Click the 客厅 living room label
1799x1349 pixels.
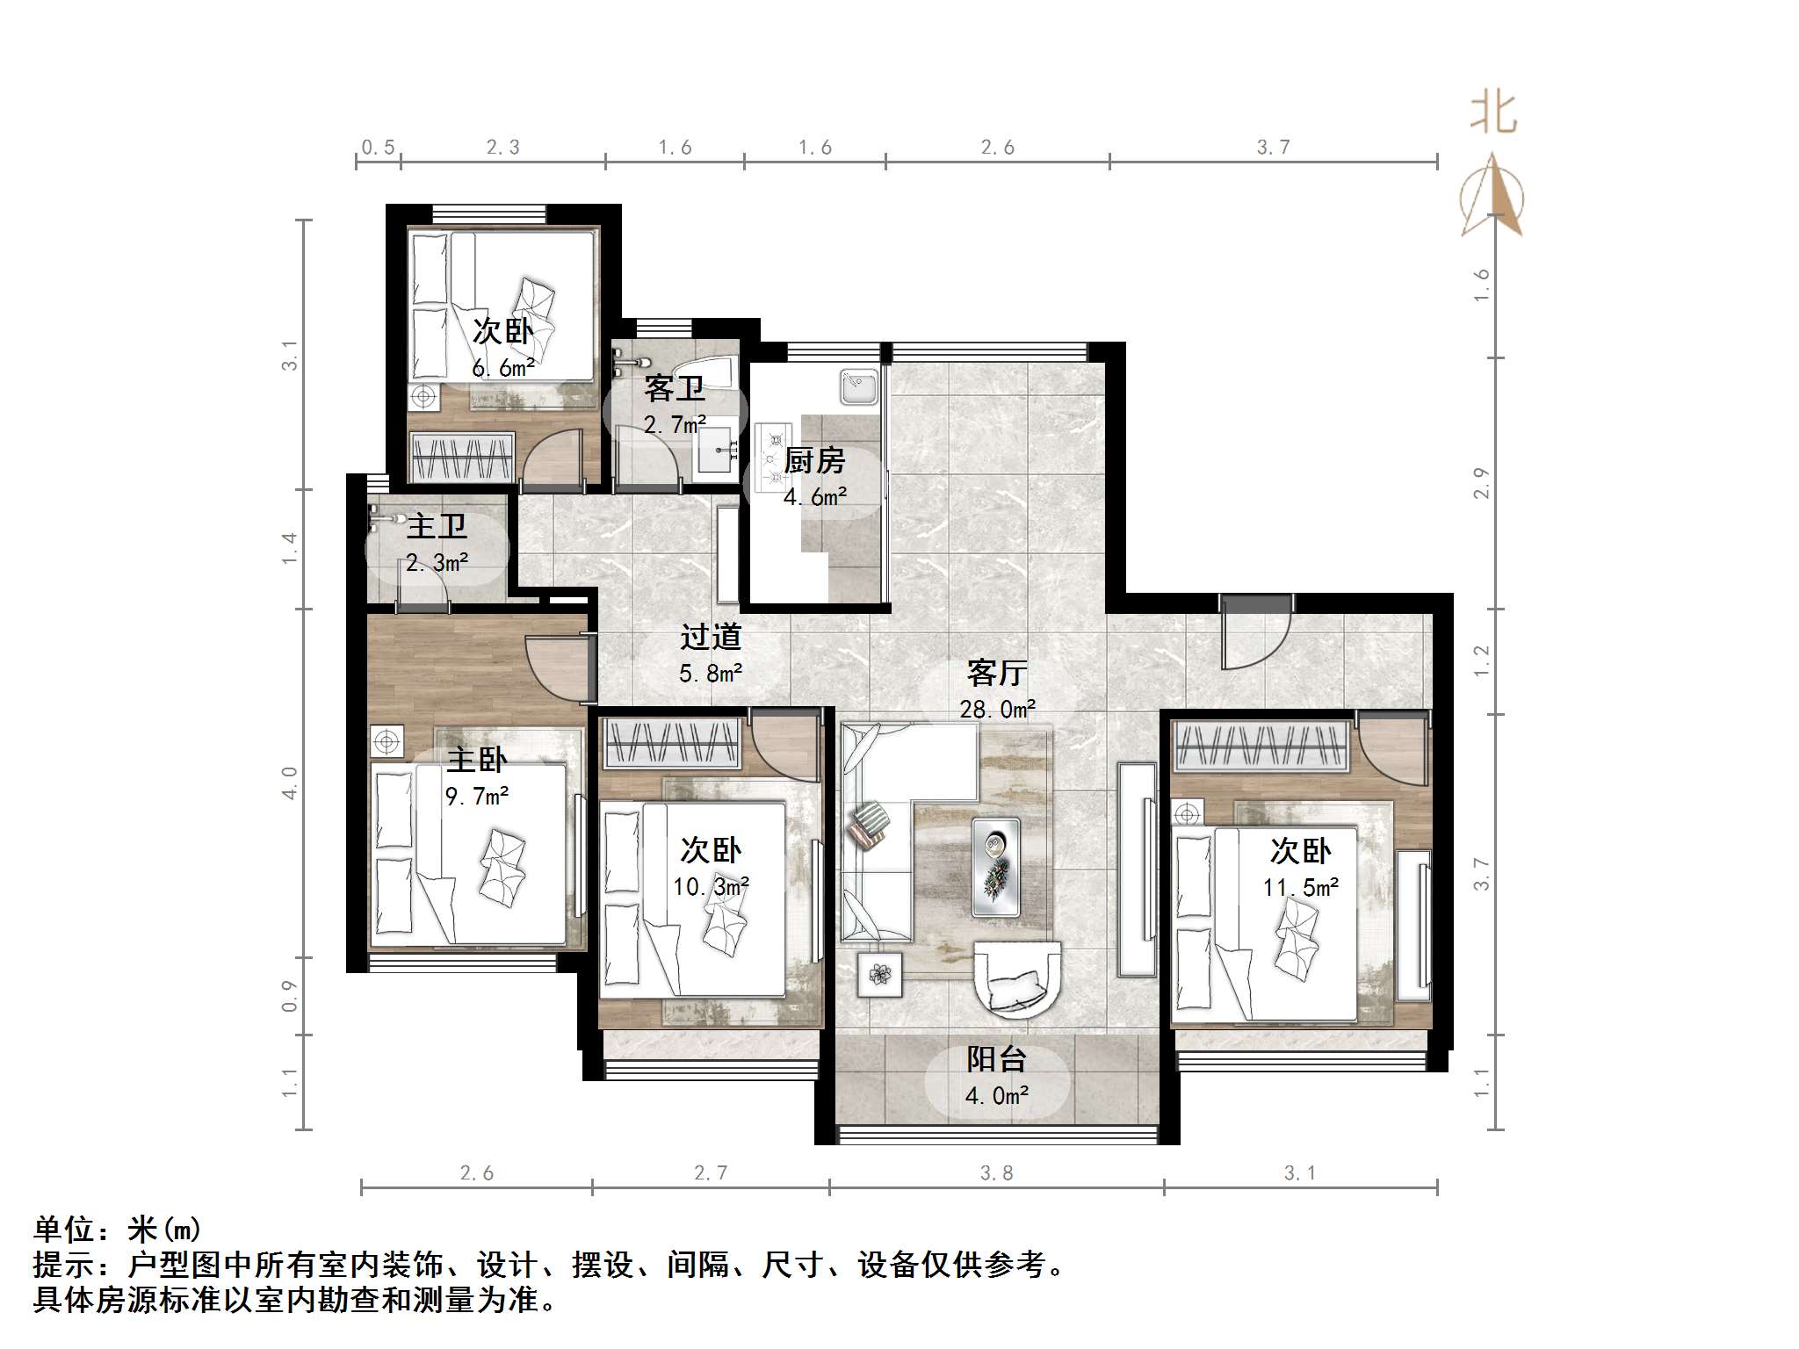(996, 674)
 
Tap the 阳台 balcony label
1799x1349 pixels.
(996, 1060)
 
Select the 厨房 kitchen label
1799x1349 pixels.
(814, 460)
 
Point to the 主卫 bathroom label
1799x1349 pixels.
(437, 527)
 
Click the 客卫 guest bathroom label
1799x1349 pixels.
(674, 388)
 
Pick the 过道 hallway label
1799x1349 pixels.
(711, 637)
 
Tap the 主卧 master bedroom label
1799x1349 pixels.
(477, 760)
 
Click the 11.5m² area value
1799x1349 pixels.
(1300, 887)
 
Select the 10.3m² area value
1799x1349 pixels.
(711, 886)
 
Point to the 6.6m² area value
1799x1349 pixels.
(502, 369)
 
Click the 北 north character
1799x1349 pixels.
(1493, 113)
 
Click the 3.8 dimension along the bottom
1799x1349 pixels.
(996, 1173)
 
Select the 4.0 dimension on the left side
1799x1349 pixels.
(289, 783)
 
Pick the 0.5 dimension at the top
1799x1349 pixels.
(378, 148)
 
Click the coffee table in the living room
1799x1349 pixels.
(996, 868)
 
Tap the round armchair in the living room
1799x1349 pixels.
(1017, 978)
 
